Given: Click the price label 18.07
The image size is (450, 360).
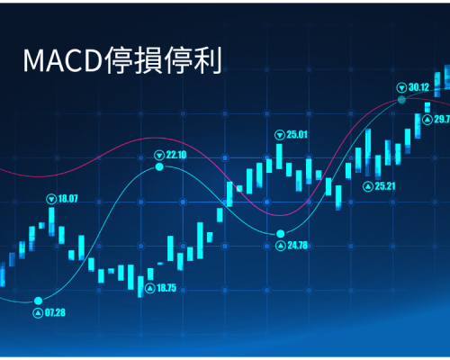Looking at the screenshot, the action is tap(67, 199).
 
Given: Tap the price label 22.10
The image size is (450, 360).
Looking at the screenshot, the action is tap(176, 155).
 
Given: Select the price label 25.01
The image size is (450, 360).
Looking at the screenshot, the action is tap(297, 134).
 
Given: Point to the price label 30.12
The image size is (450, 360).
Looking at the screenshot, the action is tap(418, 87).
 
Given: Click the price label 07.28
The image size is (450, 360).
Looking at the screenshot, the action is tap(55, 312).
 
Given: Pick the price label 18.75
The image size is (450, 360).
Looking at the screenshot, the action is tap(166, 288).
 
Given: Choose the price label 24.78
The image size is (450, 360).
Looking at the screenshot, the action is tap(298, 246).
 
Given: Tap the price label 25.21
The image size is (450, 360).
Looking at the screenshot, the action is tap(385, 186).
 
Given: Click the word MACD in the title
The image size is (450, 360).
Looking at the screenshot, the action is tap(63, 61).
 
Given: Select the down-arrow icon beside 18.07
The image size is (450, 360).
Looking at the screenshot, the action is tap(51, 199).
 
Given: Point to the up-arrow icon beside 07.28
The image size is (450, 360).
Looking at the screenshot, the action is tap(38, 313).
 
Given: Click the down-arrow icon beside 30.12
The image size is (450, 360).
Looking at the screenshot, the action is tap(401, 87).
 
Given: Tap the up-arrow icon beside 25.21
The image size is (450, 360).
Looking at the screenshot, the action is tap(368, 186).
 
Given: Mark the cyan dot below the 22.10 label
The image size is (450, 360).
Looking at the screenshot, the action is tap(159, 166).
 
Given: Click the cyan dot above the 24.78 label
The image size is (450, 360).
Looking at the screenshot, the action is tap(281, 233).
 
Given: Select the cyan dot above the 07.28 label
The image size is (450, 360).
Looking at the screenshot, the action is tap(38, 301).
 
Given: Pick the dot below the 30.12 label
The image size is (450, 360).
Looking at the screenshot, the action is tap(401, 100).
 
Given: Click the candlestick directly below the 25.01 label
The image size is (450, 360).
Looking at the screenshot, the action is tap(279, 157).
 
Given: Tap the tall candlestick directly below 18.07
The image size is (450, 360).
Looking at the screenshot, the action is tap(51, 221).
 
